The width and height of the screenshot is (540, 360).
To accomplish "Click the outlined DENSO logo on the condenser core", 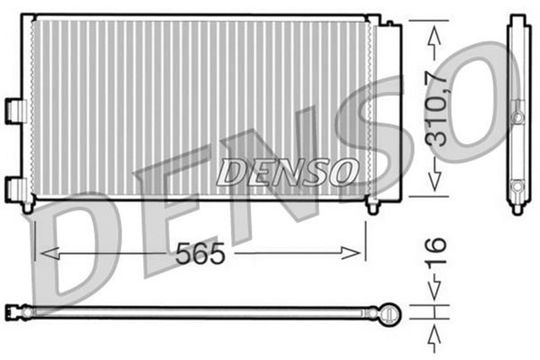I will point(285,171).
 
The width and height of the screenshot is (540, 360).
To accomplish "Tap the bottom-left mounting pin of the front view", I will point(30,205).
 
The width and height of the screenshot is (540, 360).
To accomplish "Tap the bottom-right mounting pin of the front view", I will point(372,205).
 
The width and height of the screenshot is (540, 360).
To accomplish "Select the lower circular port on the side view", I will point(516,185).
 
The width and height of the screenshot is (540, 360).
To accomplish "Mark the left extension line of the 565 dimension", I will point(33,240).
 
